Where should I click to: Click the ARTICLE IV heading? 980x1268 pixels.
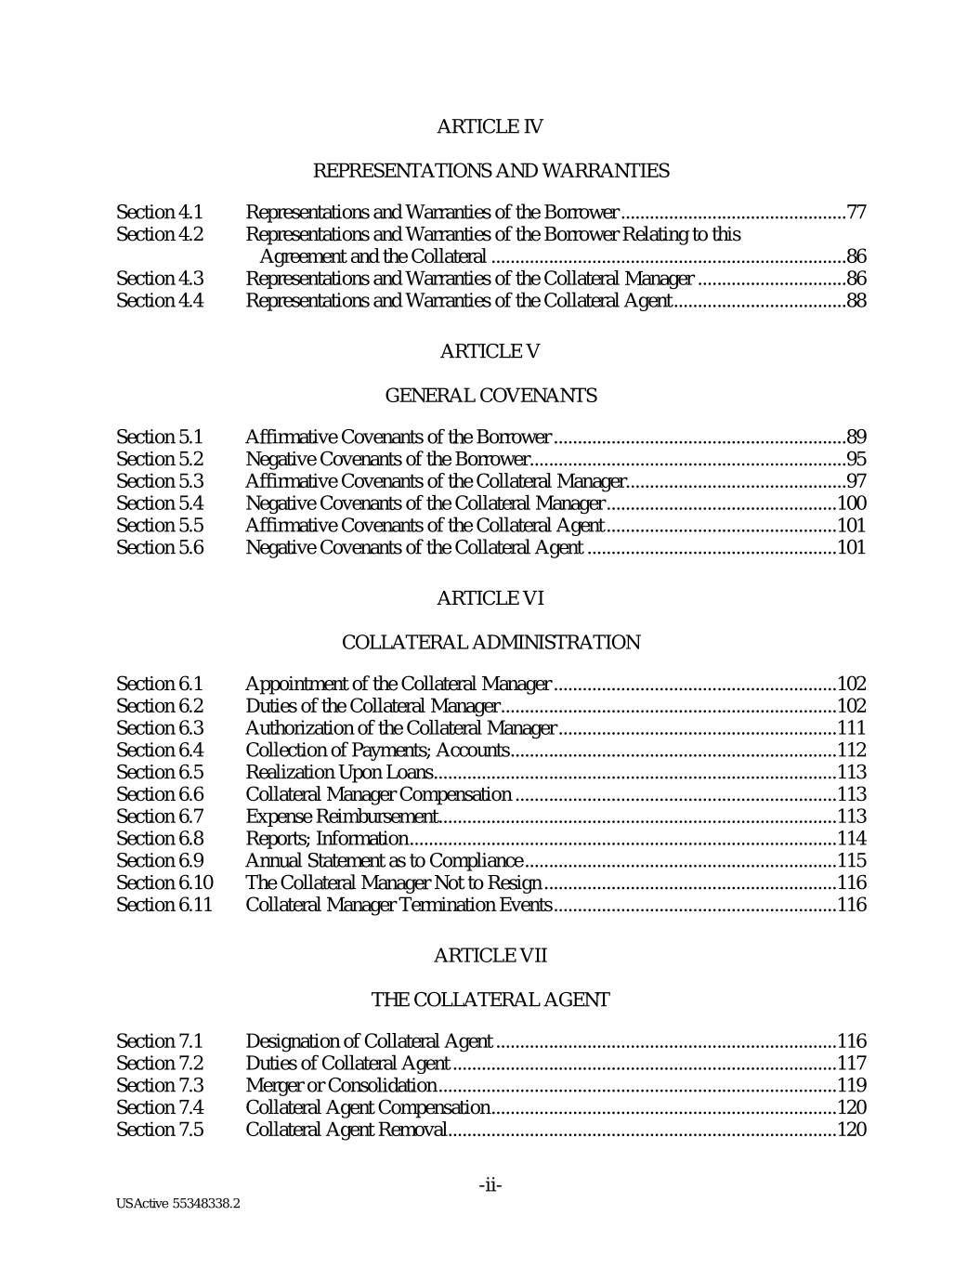pyautogui.click(x=490, y=126)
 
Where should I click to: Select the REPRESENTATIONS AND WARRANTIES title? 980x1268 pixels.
pyautogui.click(x=490, y=171)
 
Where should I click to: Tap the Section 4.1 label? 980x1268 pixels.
pyautogui.click(x=159, y=213)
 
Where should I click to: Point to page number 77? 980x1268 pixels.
pyautogui.click(x=856, y=213)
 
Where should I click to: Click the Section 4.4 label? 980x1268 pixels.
pyautogui.click(x=159, y=301)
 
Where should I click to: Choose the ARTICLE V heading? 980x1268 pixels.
pyautogui.click(x=490, y=351)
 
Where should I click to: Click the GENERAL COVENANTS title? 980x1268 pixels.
pyautogui.click(x=490, y=396)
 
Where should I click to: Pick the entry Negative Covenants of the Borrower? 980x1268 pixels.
pyautogui.click(x=386, y=459)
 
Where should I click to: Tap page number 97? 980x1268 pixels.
pyautogui.click(x=856, y=481)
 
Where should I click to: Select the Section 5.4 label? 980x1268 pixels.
pyautogui.click(x=159, y=503)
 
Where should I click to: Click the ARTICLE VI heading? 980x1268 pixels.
pyautogui.click(x=490, y=598)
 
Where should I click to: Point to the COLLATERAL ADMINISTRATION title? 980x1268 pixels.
pyautogui.click(x=490, y=643)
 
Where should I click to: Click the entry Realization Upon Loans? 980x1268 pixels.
pyautogui.click(x=339, y=772)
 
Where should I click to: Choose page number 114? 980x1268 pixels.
pyautogui.click(x=852, y=839)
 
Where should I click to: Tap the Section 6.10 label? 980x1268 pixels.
pyautogui.click(x=163, y=882)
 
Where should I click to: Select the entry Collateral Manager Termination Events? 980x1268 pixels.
pyautogui.click(x=399, y=905)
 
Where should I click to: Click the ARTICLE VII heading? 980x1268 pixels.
pyautogui.click(x=490, y=956)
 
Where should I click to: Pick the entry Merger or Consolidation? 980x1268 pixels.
pyautogui.click(x=341, y=1086)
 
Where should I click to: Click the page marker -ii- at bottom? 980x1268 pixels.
pyautogui.click(x=490, y=1185)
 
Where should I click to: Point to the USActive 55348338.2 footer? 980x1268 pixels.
pyautogui.click(x=178, y=1204)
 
